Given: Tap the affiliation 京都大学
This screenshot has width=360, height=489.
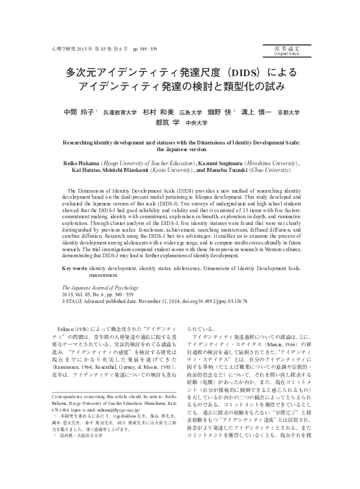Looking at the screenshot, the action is pos(288,113).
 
